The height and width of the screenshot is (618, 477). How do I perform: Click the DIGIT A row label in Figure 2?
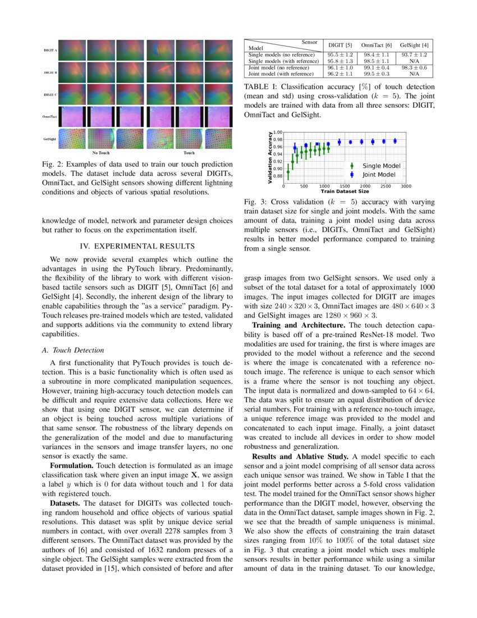(51, 50)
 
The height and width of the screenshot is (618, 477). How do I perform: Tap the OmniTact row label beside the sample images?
(51, 116)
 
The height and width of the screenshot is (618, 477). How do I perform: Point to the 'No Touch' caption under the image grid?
(101, 152)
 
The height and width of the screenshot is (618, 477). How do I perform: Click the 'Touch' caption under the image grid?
(190, 152)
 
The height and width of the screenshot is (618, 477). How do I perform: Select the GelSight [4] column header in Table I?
(415, 45)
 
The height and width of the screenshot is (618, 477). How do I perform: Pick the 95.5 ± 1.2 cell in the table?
(340, 55)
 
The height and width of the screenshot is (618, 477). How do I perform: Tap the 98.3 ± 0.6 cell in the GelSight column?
(415, 67)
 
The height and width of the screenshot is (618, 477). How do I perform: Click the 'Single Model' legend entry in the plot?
(381, 166)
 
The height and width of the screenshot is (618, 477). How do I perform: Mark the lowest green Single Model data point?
(288, 172)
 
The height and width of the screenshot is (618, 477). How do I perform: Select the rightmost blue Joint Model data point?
(395, 141)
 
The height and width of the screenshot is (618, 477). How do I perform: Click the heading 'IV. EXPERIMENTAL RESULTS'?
(137, 246)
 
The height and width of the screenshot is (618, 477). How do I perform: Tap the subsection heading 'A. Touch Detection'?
(73, 350)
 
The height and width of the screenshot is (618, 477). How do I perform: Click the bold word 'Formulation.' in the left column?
(70, 466)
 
